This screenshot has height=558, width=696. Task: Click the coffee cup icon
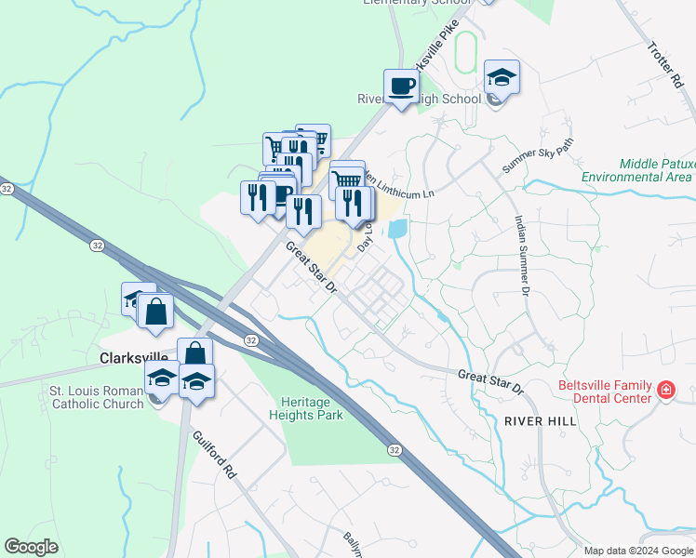click(x=401, y=86)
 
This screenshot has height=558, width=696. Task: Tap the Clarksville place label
click(x=133, y=357)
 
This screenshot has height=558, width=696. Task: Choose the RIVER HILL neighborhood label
click(x=541, y=421)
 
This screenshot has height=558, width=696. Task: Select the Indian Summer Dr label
click(x=522, y=257)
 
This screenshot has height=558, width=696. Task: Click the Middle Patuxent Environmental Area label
click(x=636, y=169)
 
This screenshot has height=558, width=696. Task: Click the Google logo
click(x=31, y=546)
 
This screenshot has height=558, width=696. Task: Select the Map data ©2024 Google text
click(x=637, y=551)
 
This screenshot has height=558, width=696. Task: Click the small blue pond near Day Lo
click(x=398, y=228)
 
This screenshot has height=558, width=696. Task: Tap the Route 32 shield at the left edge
click(x=7, y=188)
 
